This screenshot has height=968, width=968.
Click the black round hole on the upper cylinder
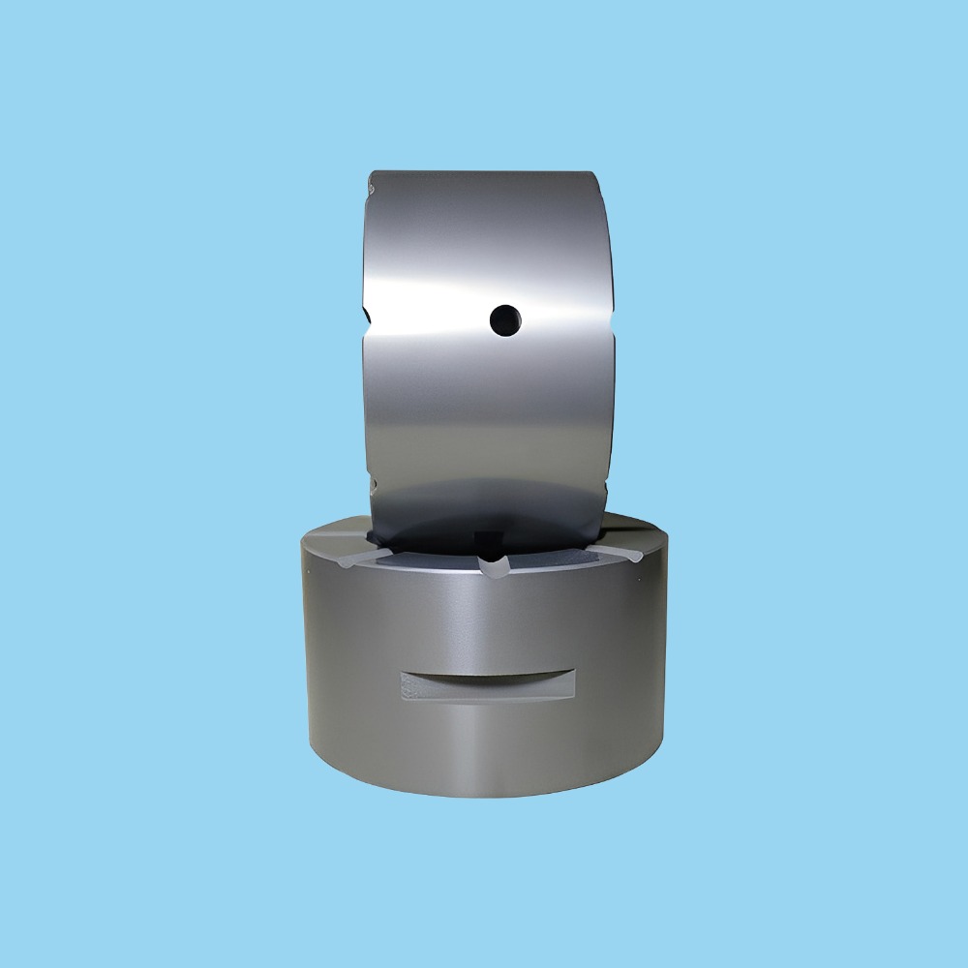(504, 318)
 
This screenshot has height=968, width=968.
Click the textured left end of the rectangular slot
(412, 686)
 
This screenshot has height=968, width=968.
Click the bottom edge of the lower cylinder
(484, 796)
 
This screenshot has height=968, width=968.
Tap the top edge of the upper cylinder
(484, 172)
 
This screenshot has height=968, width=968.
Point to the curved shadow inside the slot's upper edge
(488, 674)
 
